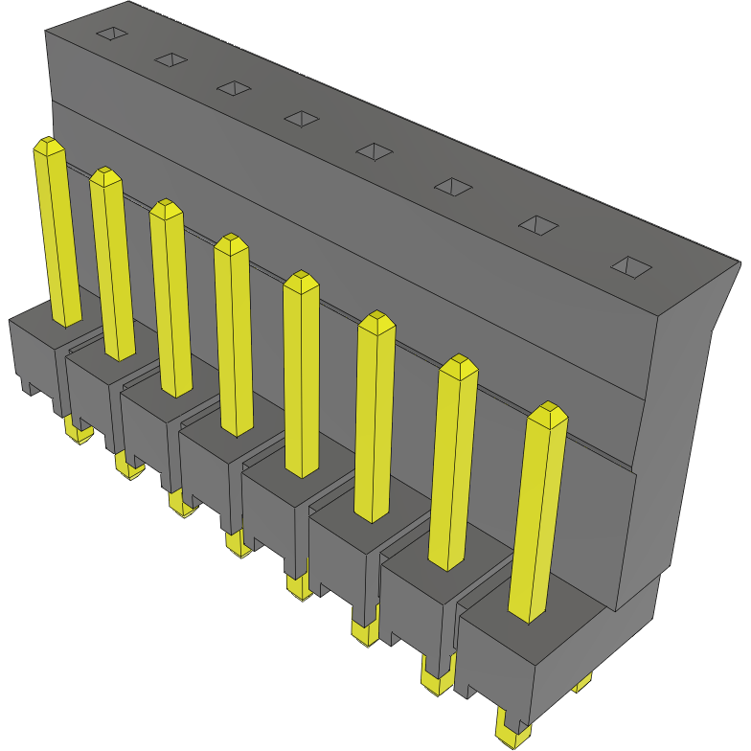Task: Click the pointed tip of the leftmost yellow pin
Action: pyautogui.click(x=48, y=146)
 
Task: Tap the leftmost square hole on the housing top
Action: pyautogui.click(x=112, y=34)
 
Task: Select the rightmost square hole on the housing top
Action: pyautogui.click(x=632, y=267)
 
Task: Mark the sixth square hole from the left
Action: pyautogui.click(x=453, y=186)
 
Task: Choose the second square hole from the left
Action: pyautogui.click(x=171, y=59)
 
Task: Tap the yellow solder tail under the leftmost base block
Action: pyautogui.click(x=77, y=432)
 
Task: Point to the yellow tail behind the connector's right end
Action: pyautogui.click(x=581, y=684)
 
